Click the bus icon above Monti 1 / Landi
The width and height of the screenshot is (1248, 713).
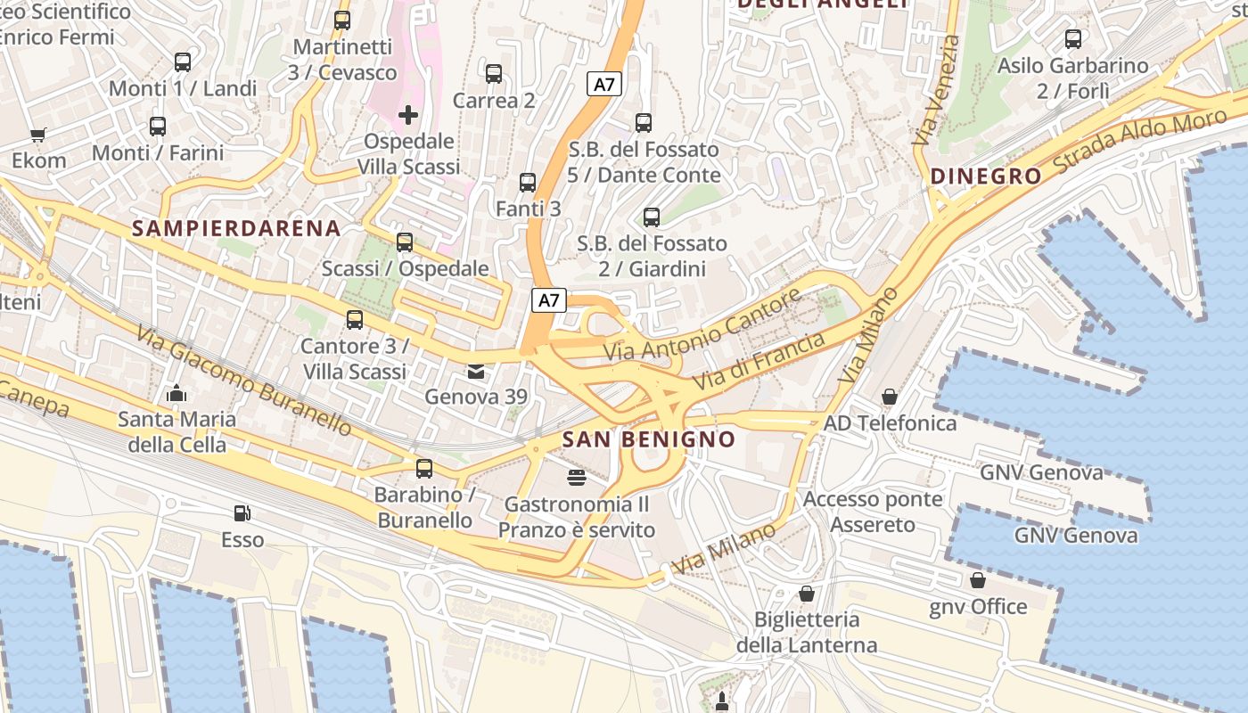click(183, 62)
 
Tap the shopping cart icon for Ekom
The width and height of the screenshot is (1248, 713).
click(37, 135)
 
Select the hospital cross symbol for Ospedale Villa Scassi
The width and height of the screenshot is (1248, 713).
click(408, 115)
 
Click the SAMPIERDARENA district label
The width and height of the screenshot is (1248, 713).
click(236, 228)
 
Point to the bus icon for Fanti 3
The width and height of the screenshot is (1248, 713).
click(528, 183)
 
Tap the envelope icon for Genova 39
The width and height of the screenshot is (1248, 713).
click(476, 371)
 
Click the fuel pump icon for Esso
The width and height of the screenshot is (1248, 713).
click(242, 513)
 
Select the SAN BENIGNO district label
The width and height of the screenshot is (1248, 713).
click(649, 439)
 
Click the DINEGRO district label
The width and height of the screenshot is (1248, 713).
click(986, 176)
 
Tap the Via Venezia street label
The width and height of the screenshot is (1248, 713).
click(936, 89)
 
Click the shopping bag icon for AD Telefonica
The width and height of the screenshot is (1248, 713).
click(889, 397)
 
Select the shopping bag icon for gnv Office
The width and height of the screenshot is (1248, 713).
click(978, 581)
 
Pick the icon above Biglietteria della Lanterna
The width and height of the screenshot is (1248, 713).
click(807, 594)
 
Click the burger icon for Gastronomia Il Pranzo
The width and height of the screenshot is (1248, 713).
click(577, 478)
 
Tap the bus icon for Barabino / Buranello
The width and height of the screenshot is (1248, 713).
click(424, 468)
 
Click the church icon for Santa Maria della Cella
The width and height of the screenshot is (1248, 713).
click(177, 393)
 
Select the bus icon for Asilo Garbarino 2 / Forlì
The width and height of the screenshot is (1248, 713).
click(1073, 39)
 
